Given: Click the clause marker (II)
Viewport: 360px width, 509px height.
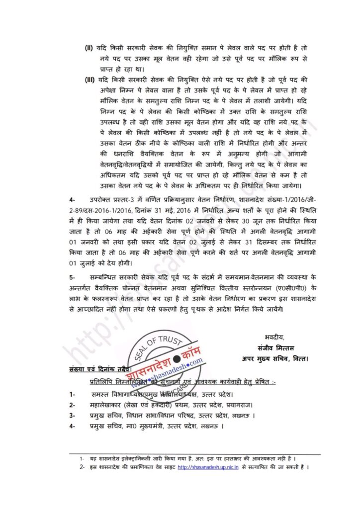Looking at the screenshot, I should pos(89,47).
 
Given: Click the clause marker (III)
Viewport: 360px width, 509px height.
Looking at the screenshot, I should pos(90,79).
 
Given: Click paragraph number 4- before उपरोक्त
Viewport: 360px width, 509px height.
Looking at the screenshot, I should pos(73,199).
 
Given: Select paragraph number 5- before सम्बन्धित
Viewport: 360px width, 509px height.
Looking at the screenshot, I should pos(73,276).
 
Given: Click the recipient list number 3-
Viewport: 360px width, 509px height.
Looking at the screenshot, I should pos(73,416).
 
